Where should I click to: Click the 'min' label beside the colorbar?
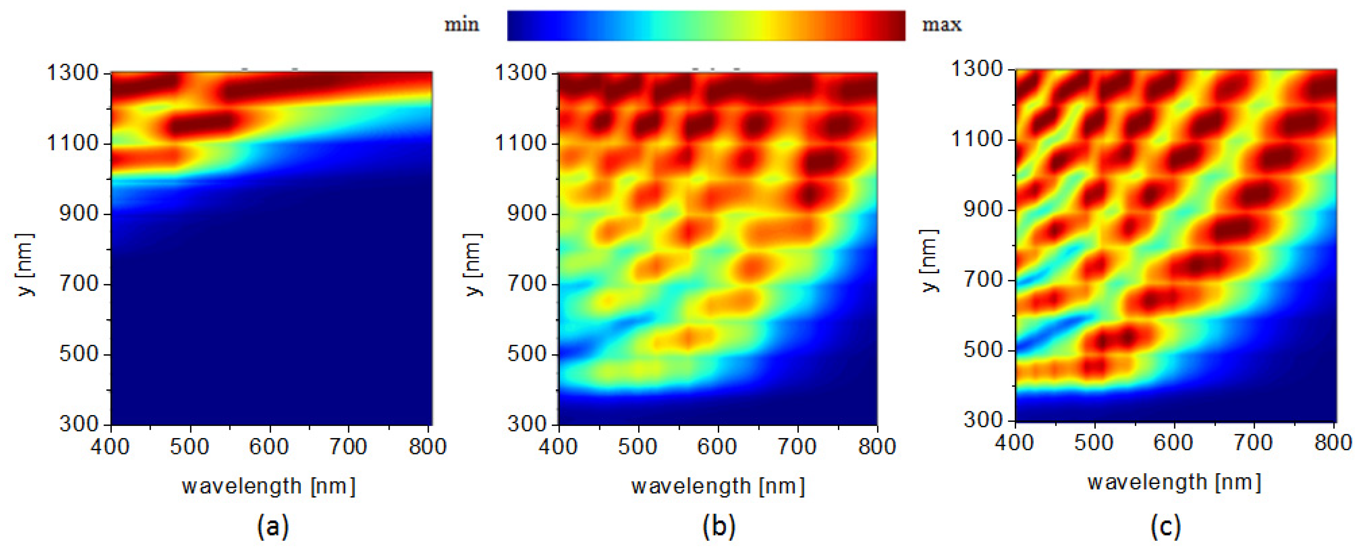point(462,25)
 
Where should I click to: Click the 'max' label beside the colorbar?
point(941,25)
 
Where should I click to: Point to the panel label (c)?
point(1165,526)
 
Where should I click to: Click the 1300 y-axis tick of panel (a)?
point(73,73)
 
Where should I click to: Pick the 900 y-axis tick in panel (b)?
point(527,214)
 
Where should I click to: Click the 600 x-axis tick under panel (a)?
point(269,447)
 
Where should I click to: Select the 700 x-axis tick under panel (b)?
point(797,447)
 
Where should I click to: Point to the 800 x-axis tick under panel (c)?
point(1333,443)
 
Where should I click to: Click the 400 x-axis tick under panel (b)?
point(558,447)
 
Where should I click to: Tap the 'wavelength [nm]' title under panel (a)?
point(269,486)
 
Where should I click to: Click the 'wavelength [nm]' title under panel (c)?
point(1174,482)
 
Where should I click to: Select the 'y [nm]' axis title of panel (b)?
point(473,264)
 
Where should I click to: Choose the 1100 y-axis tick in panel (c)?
point(977,139)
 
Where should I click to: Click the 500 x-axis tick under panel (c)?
point(1094,443)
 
